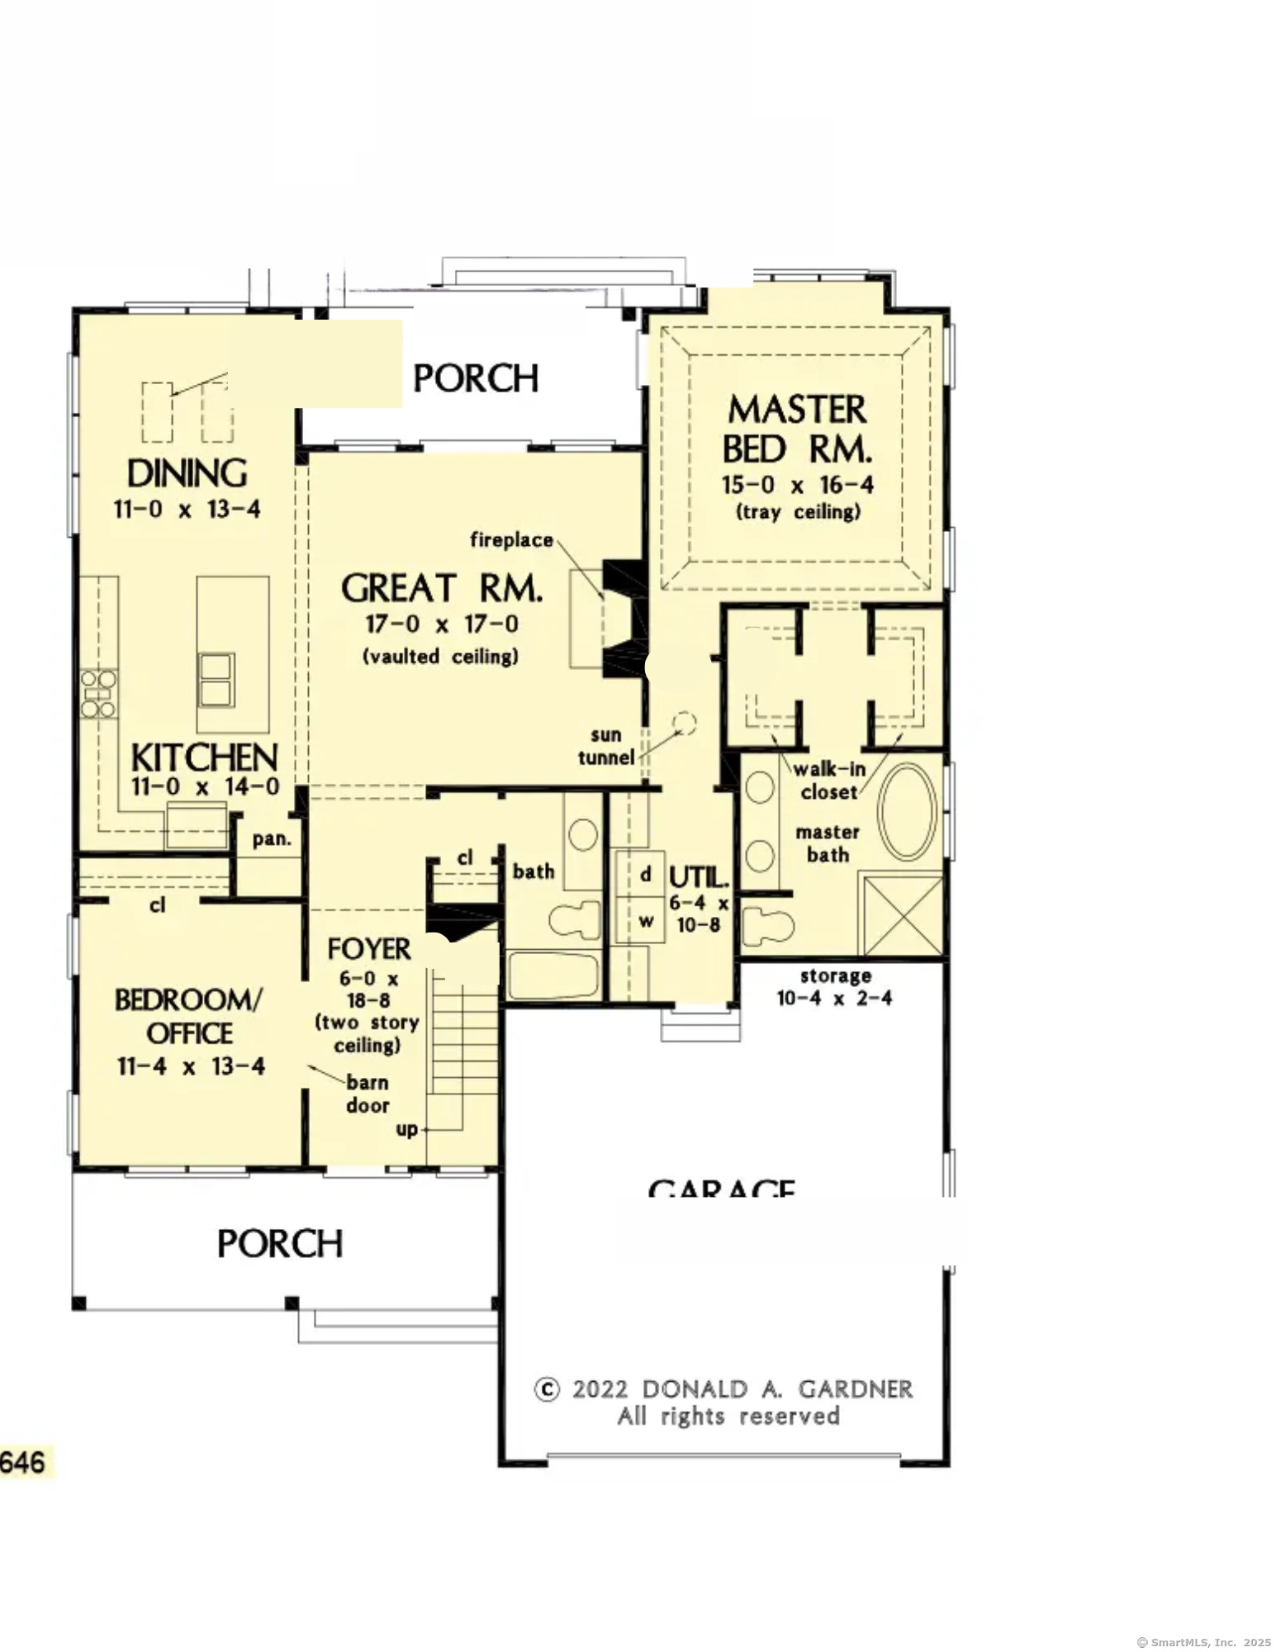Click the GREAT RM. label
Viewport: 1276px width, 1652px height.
[442, 589]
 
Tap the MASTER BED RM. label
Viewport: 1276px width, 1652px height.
[797, 430]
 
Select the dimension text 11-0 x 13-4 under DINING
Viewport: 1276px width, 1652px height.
[187, 510]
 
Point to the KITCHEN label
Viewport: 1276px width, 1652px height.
[204, 757]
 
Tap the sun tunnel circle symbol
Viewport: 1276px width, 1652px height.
[684, 724]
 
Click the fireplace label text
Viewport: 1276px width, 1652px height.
[511, 540]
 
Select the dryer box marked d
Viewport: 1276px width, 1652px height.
[646, 874]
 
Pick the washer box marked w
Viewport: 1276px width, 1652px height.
[646, 920]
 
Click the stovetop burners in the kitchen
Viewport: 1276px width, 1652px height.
[98, 694]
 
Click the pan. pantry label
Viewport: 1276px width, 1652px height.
[272, 839]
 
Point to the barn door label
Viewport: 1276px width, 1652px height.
[368, 1094]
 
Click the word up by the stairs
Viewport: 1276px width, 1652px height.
[407, 1129]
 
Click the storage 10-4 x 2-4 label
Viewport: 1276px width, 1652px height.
[834, 987]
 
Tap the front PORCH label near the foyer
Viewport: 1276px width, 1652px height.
[279, 1244]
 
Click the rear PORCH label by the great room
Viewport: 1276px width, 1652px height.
[476, 378]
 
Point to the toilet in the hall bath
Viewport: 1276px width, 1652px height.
[576, 919]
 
